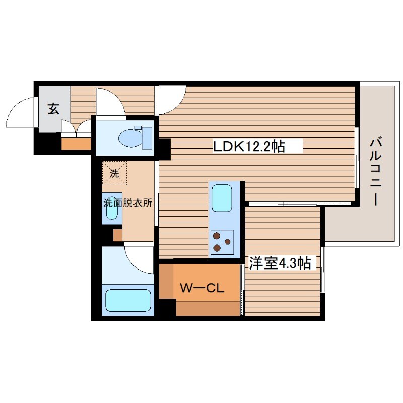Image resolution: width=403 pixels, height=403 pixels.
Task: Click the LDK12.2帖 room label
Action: (249, 146)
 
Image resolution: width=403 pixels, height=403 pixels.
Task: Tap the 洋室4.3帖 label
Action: (280, 263)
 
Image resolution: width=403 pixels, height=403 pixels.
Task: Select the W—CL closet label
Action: (202, 288)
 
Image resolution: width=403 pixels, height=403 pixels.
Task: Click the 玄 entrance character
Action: (53, 109)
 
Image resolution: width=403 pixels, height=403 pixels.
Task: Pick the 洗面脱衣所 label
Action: (128, 203)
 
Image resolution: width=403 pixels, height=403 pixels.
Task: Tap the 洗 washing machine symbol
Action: (114, 173)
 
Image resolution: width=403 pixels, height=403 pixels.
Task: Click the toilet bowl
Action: (130, 138)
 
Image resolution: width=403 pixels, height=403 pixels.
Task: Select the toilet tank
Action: (147, 138)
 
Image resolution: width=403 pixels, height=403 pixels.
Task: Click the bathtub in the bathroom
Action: (128, 300)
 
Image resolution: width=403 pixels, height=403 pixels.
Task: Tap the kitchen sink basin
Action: (222, 197)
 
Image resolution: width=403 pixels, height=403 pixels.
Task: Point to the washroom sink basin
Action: (112, 209)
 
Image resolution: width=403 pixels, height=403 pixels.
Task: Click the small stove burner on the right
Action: (228, 242)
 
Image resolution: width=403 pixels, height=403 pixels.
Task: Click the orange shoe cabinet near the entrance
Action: (76, 144)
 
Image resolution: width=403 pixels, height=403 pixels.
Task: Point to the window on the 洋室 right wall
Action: (323, 269)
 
